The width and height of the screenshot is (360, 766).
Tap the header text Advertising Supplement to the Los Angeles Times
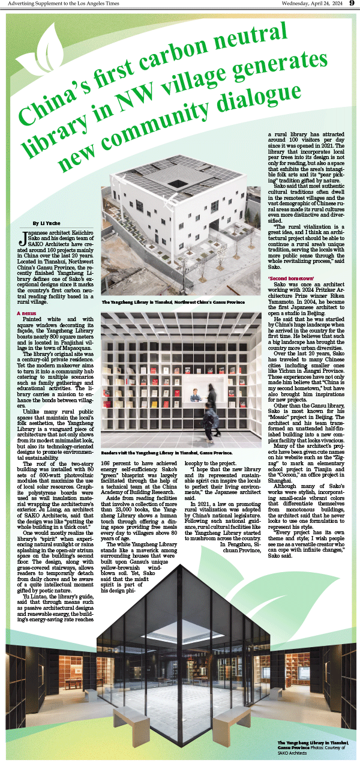(55, 4)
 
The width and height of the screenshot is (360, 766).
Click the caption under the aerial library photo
(173, 303)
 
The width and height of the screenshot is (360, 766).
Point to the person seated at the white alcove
(195, 397)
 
